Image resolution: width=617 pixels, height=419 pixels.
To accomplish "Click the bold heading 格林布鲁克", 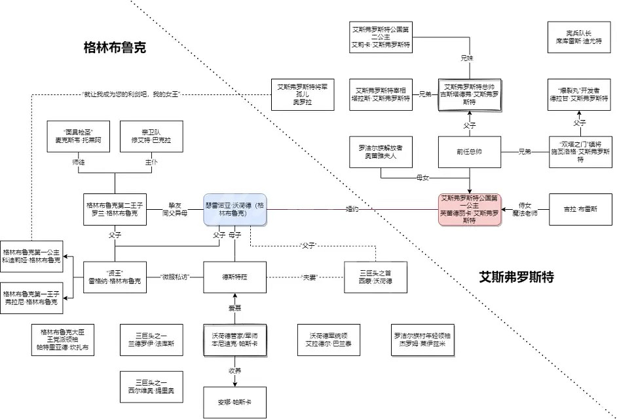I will point(115,47).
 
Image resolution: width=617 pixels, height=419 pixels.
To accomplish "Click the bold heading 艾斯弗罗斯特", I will point(516,277).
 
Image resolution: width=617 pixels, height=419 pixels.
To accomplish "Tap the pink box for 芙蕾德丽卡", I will point(469,209).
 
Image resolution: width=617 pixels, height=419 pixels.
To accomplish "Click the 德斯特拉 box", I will point(234,277).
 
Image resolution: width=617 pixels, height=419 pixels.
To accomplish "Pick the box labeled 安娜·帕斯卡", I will point(234,401).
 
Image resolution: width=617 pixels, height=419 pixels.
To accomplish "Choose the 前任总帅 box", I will point(469,152).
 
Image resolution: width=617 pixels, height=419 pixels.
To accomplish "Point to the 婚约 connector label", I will point(352,209).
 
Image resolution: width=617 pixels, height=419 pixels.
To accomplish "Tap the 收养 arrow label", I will point(234,371).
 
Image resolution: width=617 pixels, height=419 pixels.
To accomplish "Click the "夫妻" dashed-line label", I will point(308,277).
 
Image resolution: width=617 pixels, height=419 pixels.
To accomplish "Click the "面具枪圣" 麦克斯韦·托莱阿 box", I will point(78,136).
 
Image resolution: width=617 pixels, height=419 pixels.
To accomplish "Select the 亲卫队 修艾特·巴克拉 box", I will point(151,136).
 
